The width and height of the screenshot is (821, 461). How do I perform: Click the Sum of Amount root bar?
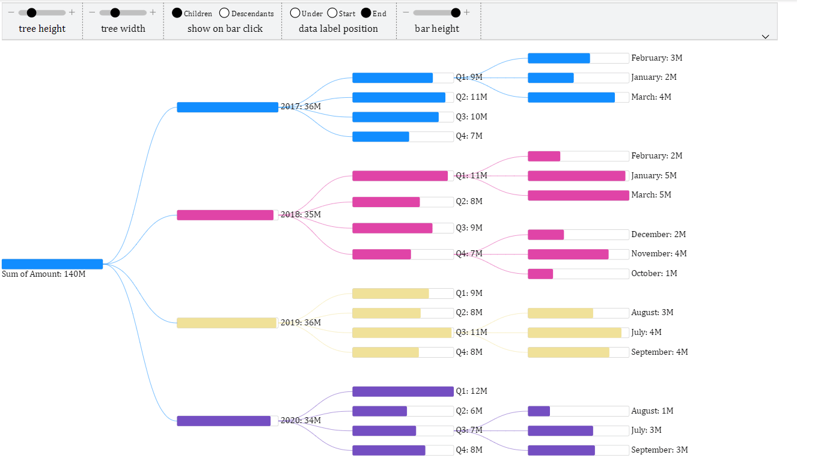click(52, 264)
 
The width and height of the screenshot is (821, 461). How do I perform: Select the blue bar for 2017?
click(227, 107)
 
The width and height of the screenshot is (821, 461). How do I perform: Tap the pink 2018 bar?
click(225, 215)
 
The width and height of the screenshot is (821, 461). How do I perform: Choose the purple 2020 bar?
click(224, 421)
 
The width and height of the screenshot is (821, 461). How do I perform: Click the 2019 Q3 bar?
click(401, 333)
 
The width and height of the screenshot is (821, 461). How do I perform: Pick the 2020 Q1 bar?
click(403, 391)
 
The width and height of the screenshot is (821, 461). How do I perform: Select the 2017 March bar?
click(571, 97)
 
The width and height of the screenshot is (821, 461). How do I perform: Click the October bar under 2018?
click(540, 274)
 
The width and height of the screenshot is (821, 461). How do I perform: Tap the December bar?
click(546, 235)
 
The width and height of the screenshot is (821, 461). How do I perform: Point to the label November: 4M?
click(659, 254)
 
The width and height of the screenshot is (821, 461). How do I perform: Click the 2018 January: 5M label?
click(654, 176)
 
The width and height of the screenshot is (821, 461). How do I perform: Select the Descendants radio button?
click(224, 13)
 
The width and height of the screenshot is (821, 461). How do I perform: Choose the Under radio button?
click(295, 13)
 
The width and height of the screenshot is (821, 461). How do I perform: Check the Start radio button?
click(332, 13)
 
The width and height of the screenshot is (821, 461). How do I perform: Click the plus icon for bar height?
click(467, 13)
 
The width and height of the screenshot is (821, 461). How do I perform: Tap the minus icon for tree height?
click(11, 13)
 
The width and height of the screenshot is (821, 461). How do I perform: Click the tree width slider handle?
click(115, 13)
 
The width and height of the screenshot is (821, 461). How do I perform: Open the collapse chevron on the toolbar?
click(765, 37)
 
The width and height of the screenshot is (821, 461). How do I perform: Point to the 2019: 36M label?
click(301, 323)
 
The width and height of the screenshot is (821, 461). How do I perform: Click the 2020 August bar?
click(539, 411)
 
